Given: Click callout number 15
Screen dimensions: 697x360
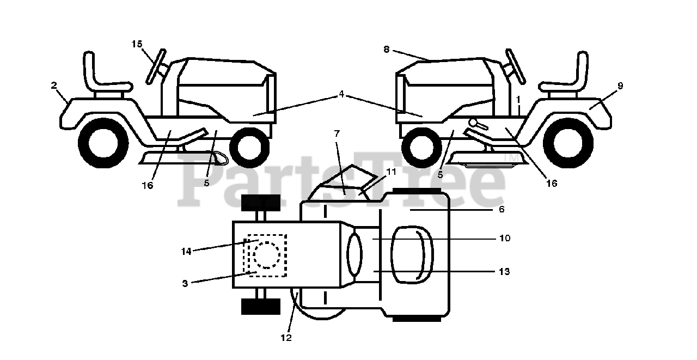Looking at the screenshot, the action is click(137, 44).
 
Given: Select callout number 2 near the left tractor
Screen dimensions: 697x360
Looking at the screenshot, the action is click(54, 85).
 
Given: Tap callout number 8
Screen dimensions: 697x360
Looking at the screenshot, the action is click(386, 49).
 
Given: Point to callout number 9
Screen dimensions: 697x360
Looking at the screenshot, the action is click(620, 86).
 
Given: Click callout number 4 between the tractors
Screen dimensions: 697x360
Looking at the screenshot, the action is click(341, 94).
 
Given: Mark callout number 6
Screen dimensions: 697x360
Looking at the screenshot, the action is click(502, 209).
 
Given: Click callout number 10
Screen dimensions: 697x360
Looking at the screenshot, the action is click(504, 238).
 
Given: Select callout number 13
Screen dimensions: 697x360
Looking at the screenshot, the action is click(504, 271).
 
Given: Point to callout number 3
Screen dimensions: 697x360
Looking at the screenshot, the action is click(185, 283).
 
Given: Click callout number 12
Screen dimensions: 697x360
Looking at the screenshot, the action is click(286, 338).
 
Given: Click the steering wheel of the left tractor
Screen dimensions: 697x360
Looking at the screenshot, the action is click(155, 66).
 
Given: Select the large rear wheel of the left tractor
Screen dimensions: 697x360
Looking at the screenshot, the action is click(103, 143).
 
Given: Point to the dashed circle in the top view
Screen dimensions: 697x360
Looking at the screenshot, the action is click(267, 254).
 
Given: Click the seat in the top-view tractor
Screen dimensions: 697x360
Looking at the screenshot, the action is click(412, 254).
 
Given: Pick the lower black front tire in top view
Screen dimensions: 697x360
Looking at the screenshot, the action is click(260, 306).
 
